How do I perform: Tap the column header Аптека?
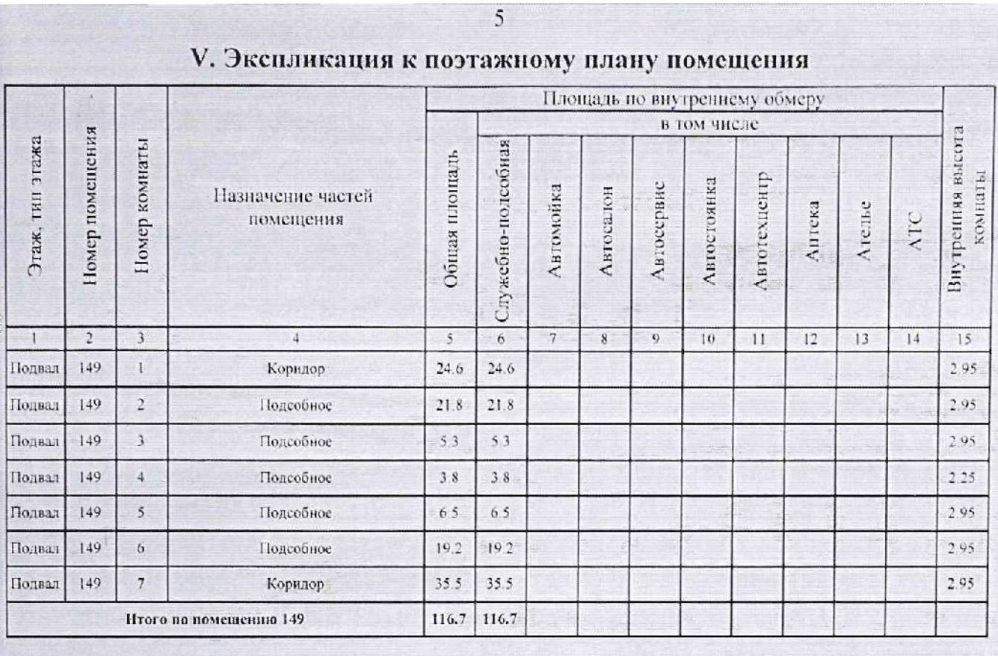[x=813, y=232]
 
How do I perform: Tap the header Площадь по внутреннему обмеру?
[x=684, y=99]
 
